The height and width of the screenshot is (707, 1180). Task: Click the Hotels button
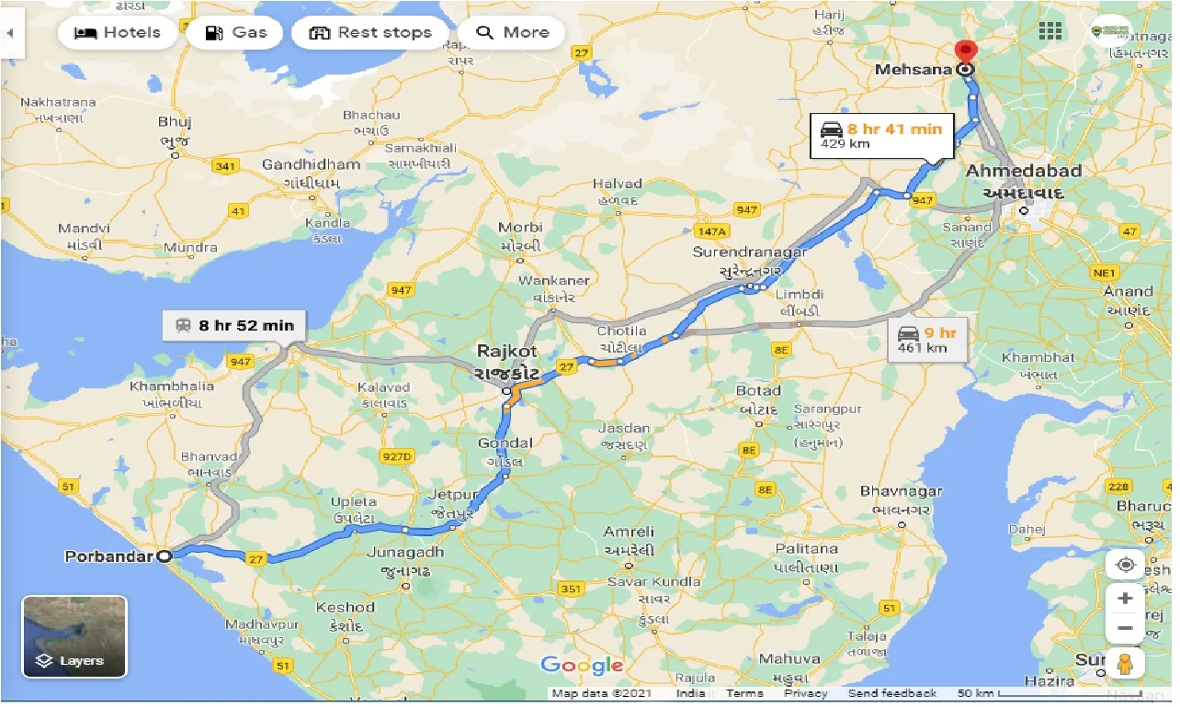click(x=117, y=33)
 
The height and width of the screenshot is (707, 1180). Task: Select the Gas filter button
click(x=235, y=33)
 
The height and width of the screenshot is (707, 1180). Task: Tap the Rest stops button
click(x=369, y=33)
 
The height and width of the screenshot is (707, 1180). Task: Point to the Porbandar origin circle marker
click(x=164, y=555)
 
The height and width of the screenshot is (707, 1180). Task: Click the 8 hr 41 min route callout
click(x=882, y=135)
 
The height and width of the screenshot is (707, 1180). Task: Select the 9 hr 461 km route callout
click(x=927, y=340)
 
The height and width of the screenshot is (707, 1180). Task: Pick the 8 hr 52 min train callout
click(x=235, y=325)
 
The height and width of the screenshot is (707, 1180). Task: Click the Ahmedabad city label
click(x=1023, y=171)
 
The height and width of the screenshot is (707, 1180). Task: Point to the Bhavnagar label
click(x=901, y=492)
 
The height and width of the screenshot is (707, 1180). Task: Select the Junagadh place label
click(x=404, y=553)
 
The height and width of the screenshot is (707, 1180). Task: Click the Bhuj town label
click(x=174, y=121)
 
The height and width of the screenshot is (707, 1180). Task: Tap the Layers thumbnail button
click(x=74, y=636)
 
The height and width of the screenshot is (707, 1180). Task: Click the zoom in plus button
click(x=1125, y=599)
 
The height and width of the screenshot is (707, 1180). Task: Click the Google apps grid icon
click(x=1050, y=31)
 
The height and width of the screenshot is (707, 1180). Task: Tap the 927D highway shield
click(x=397, y=455)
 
